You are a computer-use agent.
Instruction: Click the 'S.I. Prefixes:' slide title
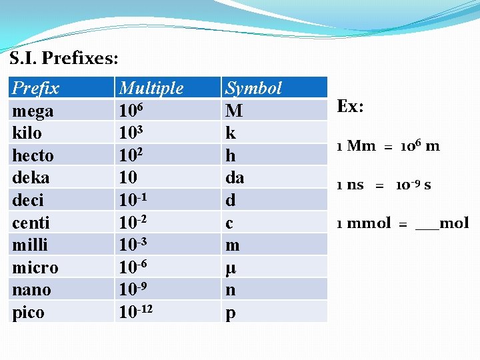point(64,58)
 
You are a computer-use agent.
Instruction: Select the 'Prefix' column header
point(36,88)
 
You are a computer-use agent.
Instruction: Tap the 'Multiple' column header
point(151,88)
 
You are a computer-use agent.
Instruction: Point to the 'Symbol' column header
point(253,88)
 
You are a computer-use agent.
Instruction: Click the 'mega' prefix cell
point(33,110)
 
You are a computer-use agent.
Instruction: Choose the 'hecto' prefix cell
point(33,155)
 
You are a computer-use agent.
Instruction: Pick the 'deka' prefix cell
point(31,178)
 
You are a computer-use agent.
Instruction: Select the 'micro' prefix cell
point(35,267)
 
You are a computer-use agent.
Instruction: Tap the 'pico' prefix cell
point(29,312)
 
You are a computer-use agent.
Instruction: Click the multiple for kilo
point(132,132)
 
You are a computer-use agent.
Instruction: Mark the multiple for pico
point(139,311)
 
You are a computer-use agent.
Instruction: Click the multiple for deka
point(128,178)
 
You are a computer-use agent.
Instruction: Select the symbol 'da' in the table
point(235,178)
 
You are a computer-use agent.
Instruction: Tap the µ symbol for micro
point(231,268)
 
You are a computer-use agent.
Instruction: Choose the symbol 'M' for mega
point(234,110)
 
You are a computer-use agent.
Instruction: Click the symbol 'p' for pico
point(231,313)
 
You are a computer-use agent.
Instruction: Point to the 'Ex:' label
point(350,107)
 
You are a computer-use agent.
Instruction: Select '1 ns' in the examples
point(350,185)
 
